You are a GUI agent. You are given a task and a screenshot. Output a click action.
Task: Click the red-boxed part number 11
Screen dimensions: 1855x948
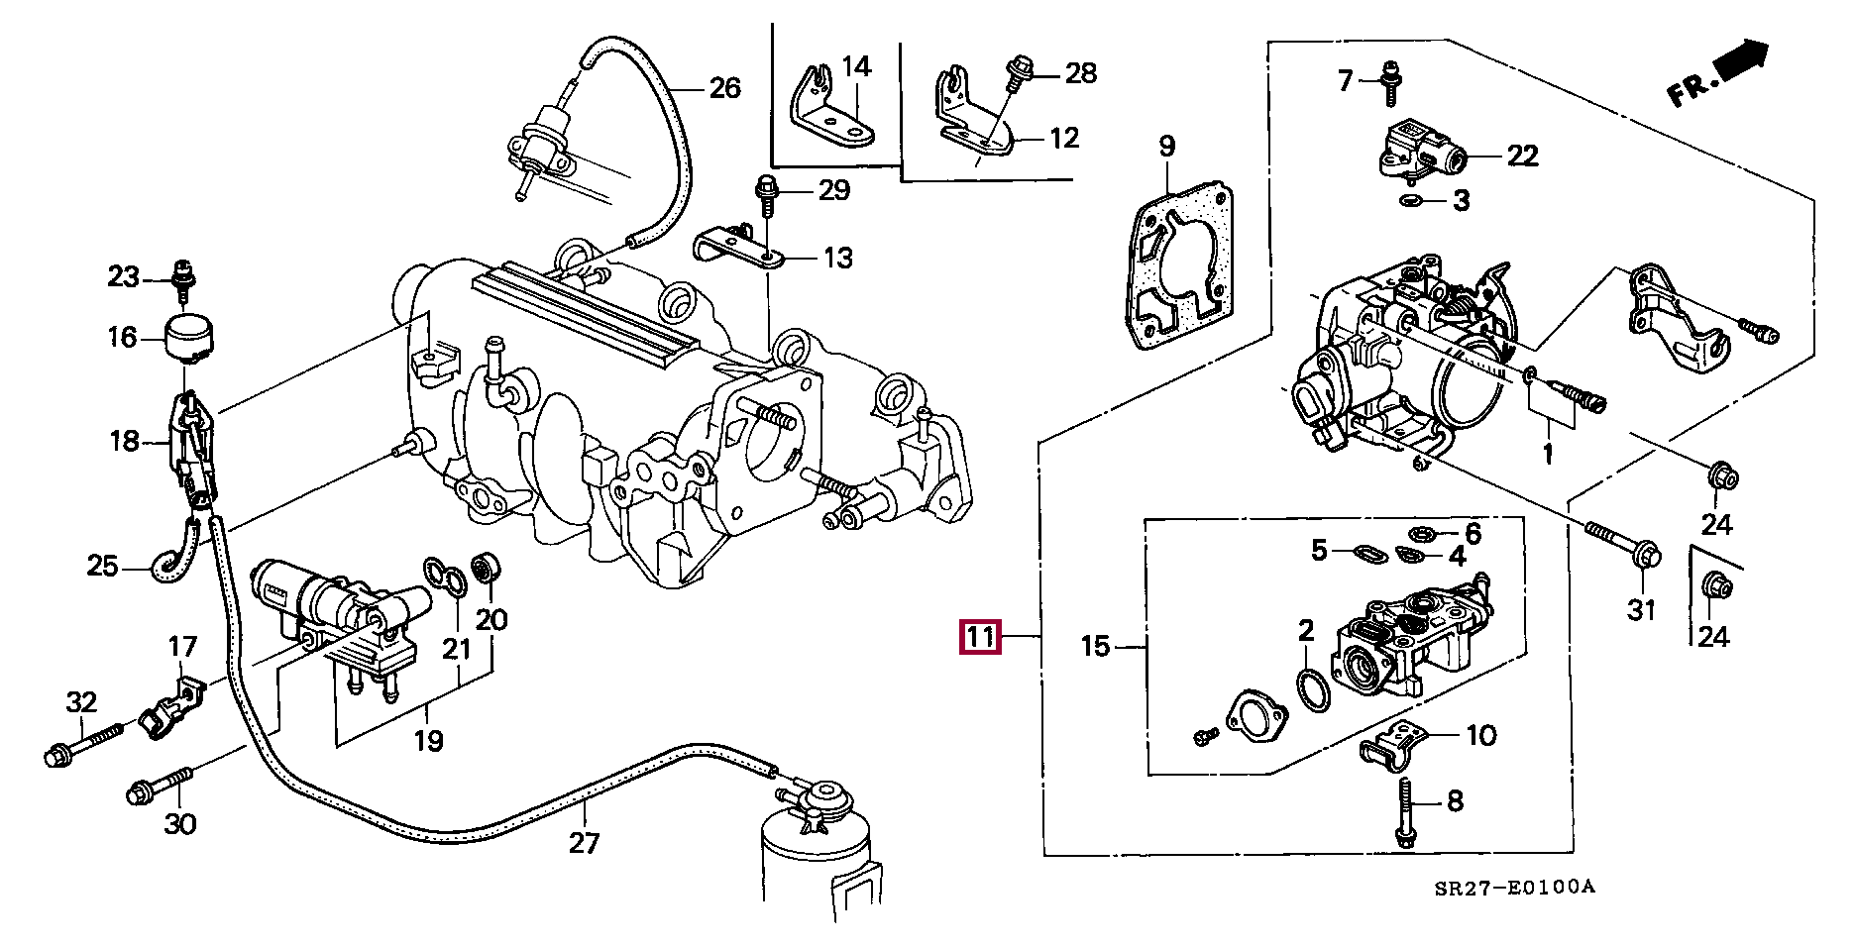click(980, 636)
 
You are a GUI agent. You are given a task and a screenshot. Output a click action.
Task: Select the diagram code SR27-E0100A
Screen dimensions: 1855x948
click(1514, 888)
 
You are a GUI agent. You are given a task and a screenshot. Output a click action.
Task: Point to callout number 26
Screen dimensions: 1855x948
click(724, 88)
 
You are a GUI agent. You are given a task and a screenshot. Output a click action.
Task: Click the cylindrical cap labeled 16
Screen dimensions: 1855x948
click(189, 339)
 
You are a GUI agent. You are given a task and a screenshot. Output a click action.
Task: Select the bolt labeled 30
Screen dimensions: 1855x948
click(160, 784)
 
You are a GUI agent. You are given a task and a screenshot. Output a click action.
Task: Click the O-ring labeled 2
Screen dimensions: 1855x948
click(1313, 689)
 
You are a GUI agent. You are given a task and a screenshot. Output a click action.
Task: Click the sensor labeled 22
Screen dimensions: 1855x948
click(1420, 152)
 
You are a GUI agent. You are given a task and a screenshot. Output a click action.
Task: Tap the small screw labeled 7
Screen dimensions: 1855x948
click(1391, 83)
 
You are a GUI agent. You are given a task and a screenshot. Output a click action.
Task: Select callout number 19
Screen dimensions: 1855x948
click(428, 740)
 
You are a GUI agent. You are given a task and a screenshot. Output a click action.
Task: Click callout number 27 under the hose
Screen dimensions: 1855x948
click(584, 843)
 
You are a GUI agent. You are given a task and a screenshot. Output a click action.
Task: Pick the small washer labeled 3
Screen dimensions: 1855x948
click(1411, 202)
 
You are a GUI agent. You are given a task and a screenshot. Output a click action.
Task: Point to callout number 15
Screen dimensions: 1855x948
click(1094, 647)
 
